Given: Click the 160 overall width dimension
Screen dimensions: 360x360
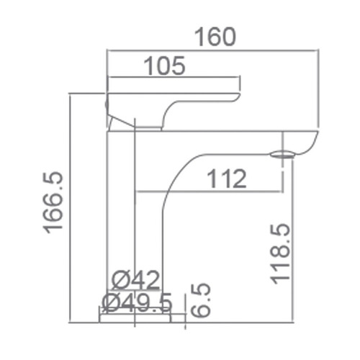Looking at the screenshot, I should point(213,36).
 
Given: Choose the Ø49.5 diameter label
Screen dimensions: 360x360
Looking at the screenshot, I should point(136,301).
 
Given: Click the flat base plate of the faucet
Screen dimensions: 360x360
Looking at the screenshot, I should point(135,316).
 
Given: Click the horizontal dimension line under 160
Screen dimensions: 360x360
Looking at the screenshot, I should point(213,50).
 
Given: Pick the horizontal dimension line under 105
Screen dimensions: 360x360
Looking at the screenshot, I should point(173,77).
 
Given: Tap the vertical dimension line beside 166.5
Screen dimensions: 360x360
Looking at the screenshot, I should point(70,209).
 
